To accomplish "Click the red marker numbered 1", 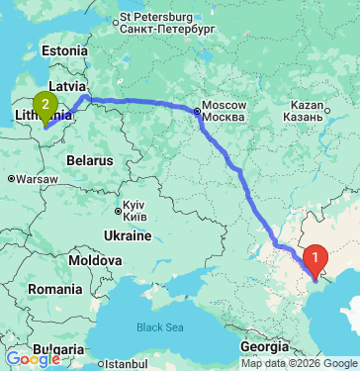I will click(315, 259).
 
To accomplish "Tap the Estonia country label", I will click(65, 50).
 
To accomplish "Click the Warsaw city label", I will click(37, 180).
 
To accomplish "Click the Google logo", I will click(33, 359).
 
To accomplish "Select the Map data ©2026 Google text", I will click(299, 364).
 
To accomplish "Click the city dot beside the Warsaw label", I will click(11, 180).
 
